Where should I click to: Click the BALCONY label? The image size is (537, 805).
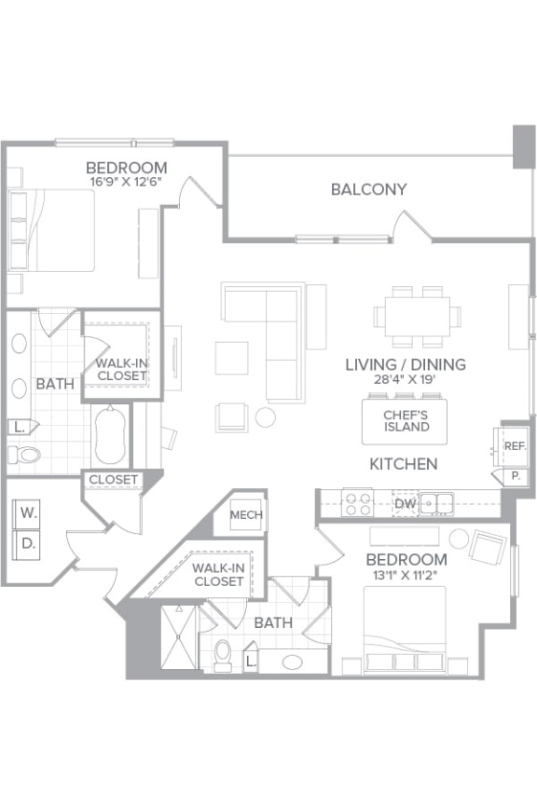point(368,189)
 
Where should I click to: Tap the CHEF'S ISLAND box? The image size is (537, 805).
point(406,421)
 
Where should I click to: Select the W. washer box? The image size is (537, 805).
point(28,512)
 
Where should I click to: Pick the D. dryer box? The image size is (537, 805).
point(28,543)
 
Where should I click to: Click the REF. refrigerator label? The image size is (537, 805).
point(516,445)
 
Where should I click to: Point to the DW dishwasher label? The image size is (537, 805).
point(403,504)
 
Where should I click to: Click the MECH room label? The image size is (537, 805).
point(246,515)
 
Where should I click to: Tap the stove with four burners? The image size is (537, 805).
point(359,504)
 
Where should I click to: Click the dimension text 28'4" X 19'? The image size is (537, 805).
point(405,380)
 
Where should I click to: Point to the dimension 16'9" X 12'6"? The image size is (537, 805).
point(126,182)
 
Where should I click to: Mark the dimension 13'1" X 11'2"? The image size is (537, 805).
point(406,574)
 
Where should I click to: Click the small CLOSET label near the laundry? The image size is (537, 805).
point(114,480)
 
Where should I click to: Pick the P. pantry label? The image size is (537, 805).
point(516,475)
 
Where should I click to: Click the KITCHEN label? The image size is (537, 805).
point(403,463)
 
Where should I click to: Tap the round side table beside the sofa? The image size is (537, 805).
point(266,417)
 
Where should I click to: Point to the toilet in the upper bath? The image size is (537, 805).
point(24,455)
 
